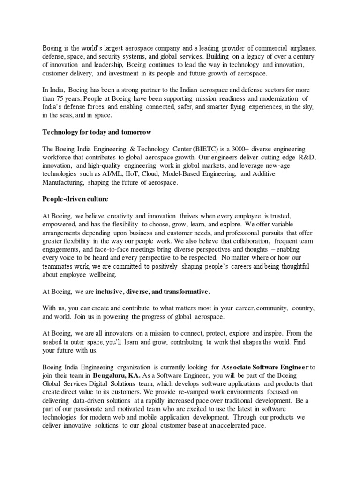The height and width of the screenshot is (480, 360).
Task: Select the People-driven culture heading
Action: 75,199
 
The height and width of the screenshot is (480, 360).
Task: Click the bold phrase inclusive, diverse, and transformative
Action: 153,292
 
